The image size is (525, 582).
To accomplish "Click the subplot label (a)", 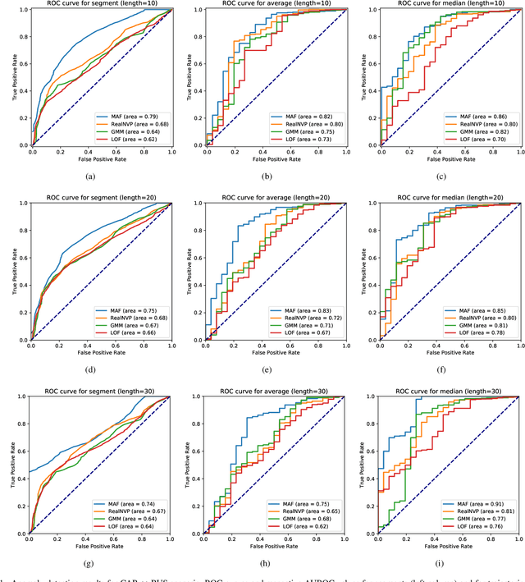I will click(x=100, y=176).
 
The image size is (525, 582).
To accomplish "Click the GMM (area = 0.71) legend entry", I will click(x=312, y=324).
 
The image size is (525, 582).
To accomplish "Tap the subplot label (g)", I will click(x=100, y=563).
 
